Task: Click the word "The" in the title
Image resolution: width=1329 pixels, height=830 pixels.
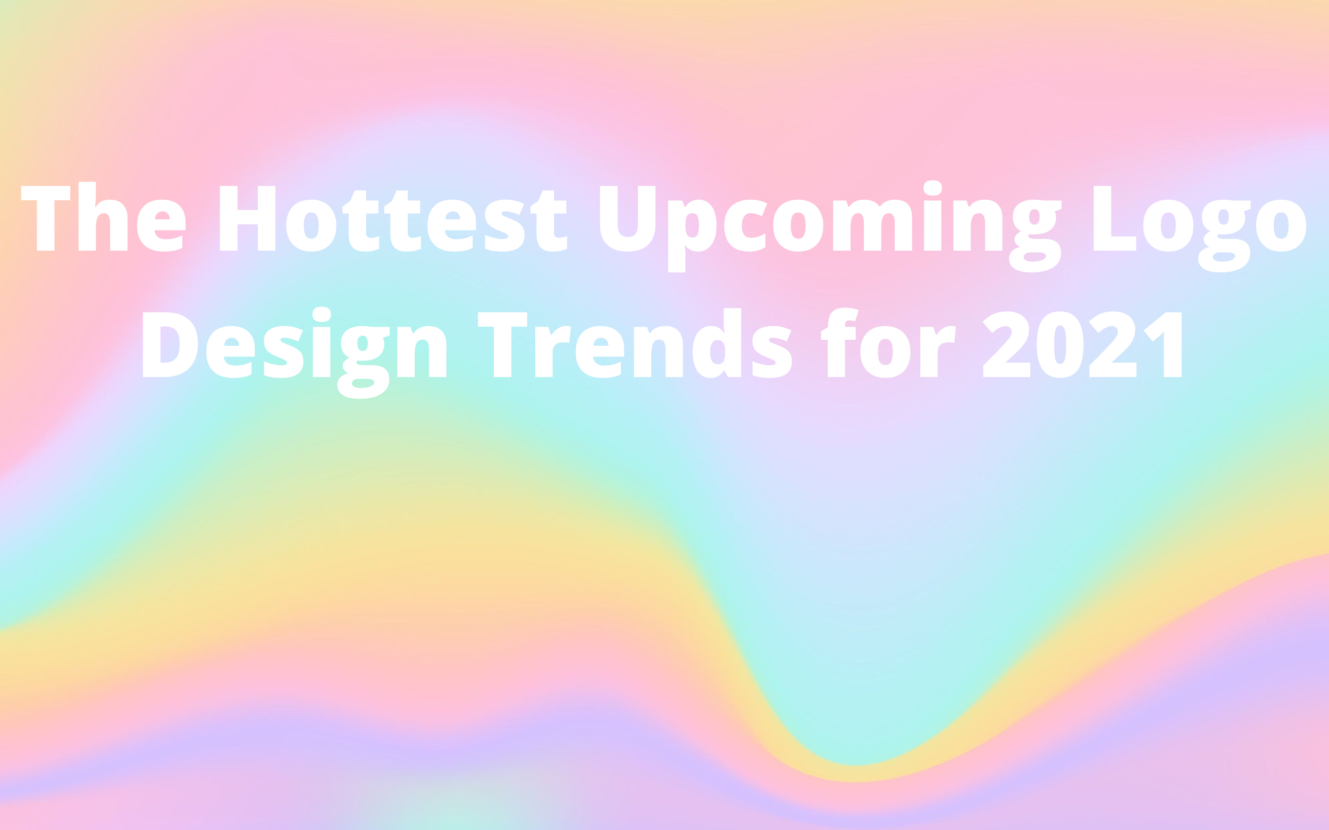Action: click(103, 216)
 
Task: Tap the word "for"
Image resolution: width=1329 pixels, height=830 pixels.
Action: click(888, 343)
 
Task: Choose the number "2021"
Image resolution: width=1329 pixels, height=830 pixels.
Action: click(1082, 344)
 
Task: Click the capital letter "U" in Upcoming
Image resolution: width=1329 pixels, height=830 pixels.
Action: click(627, 218)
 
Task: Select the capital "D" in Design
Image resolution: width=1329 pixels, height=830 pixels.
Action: click(170, 345)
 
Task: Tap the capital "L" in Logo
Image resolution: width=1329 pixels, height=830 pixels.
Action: click(1115, 218)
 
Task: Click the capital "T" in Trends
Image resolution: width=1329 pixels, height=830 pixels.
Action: click(503, 345)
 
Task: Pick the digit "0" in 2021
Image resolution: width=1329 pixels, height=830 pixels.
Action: click(1060, 345)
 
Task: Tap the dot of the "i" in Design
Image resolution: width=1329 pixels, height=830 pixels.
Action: click(322, 314)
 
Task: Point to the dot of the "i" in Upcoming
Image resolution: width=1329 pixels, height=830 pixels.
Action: click(933, 188)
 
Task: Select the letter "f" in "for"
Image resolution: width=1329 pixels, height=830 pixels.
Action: click(839, 343)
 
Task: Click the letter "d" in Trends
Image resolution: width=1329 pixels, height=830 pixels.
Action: click(717, 343)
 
